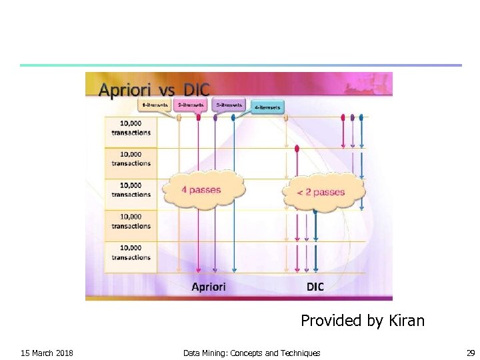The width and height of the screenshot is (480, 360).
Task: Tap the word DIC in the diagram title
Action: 193,91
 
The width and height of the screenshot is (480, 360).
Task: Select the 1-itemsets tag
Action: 155,105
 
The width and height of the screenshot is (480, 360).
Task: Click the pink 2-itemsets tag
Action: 189,105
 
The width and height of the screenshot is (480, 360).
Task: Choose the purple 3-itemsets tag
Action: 229,105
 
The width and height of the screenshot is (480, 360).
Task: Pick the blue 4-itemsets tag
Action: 267,106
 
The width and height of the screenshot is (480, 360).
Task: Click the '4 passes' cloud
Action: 201,190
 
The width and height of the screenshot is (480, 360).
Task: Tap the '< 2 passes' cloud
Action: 321,192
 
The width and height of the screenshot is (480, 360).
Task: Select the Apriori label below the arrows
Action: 209,287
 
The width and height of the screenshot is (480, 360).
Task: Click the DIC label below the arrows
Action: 315,287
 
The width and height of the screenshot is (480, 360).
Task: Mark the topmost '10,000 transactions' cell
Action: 131,128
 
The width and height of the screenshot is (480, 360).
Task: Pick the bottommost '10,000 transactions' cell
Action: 131,253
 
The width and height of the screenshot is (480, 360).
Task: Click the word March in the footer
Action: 41,353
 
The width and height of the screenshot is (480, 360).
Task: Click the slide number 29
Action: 471,353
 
